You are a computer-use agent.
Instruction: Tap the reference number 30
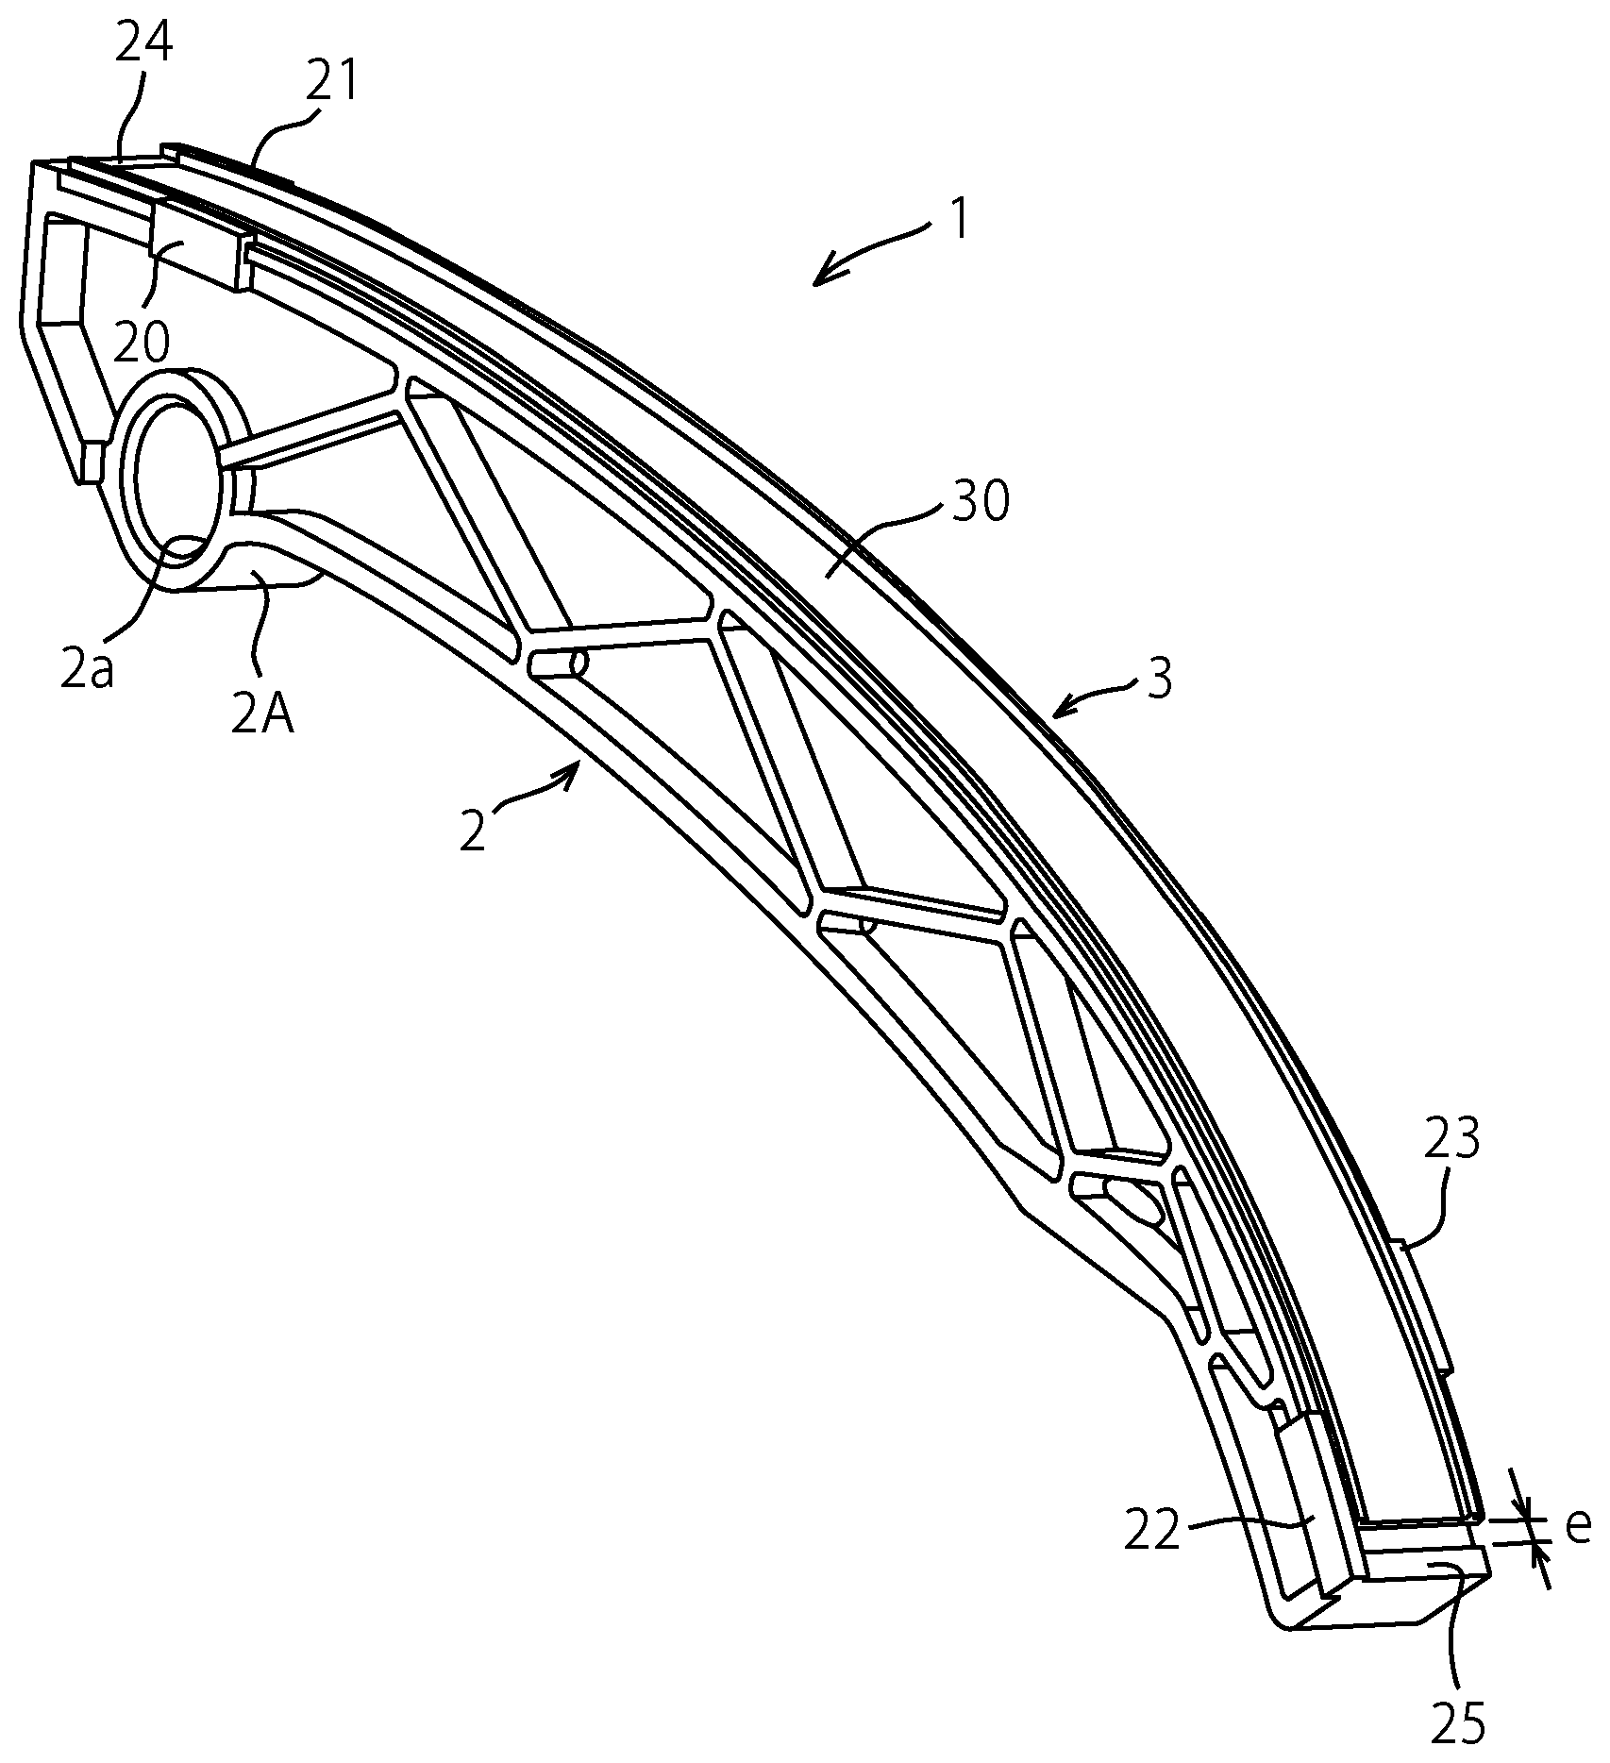[x=980, y=502]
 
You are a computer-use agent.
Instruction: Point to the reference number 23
[x=1451, y=1139]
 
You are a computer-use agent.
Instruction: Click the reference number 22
[x=1153, y=1533]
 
